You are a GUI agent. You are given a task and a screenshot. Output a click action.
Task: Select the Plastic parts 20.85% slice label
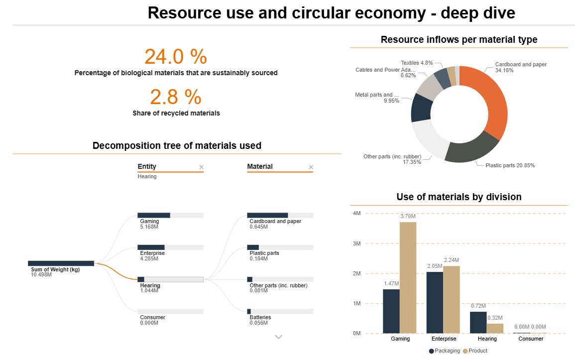tap(510, 165)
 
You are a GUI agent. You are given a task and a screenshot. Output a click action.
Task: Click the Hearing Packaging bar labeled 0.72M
tap(478, 322)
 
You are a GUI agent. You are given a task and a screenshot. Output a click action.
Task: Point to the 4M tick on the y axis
tap(356, 213)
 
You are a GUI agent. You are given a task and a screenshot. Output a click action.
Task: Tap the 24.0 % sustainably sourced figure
tap(175, 57)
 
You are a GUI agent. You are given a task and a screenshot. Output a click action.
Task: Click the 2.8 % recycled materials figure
tap(175, 97)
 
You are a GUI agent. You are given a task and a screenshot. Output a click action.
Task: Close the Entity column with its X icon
tap(201, 167)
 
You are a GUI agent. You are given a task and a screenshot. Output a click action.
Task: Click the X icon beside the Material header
tap(311, 167)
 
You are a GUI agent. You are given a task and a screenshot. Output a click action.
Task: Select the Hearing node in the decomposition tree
tap(170, 279)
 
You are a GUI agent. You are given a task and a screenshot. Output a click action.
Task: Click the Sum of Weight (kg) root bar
tap(61, 263)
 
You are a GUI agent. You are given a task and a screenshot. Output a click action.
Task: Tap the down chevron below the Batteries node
tap(279, 337)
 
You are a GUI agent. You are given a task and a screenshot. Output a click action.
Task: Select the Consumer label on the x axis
tap(531, 339)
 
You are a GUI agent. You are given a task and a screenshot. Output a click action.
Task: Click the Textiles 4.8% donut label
tap(417, 63)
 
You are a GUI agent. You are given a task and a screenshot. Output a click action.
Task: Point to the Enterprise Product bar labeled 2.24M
tap(452, 299)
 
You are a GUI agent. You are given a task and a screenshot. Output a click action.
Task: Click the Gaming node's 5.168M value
tap(149, 227)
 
